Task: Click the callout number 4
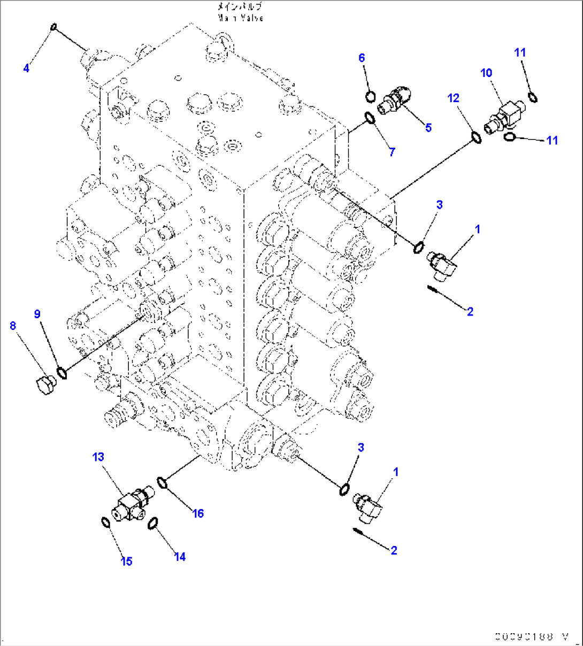pyautogui.click(x=26, y=68)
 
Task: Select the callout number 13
pyautogui.click(x=98, y=457)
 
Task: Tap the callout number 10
pyautogui.click(x=486, y=73)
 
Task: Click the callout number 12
pyautogui.click(x=454, y=98)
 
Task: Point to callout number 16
pyautogui.click(x=198, y=513)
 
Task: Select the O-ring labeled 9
pyautogui.click(x=62, y=372)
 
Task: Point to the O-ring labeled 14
pyautogui.click(x=152, y=522)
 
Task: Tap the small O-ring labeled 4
pyautogui.click(x=53, y=27)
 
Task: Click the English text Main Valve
pyautogui.click(x=241, y=18)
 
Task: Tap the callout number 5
pyautogui.click(x=428, y=127)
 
